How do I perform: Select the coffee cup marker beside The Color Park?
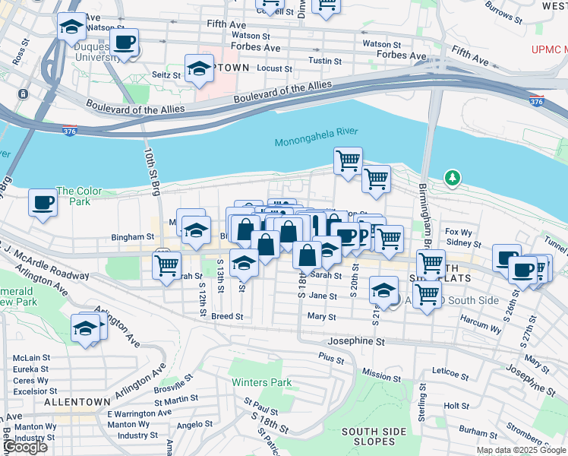(x=43, y=202)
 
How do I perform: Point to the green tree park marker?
(x=453, y=178)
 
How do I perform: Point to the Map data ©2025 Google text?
(x=521, y=450)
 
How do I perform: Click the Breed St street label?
(x=227, y=316)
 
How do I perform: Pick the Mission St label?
(x=381, y=374)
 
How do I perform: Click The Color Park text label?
(x=73, y=196)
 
